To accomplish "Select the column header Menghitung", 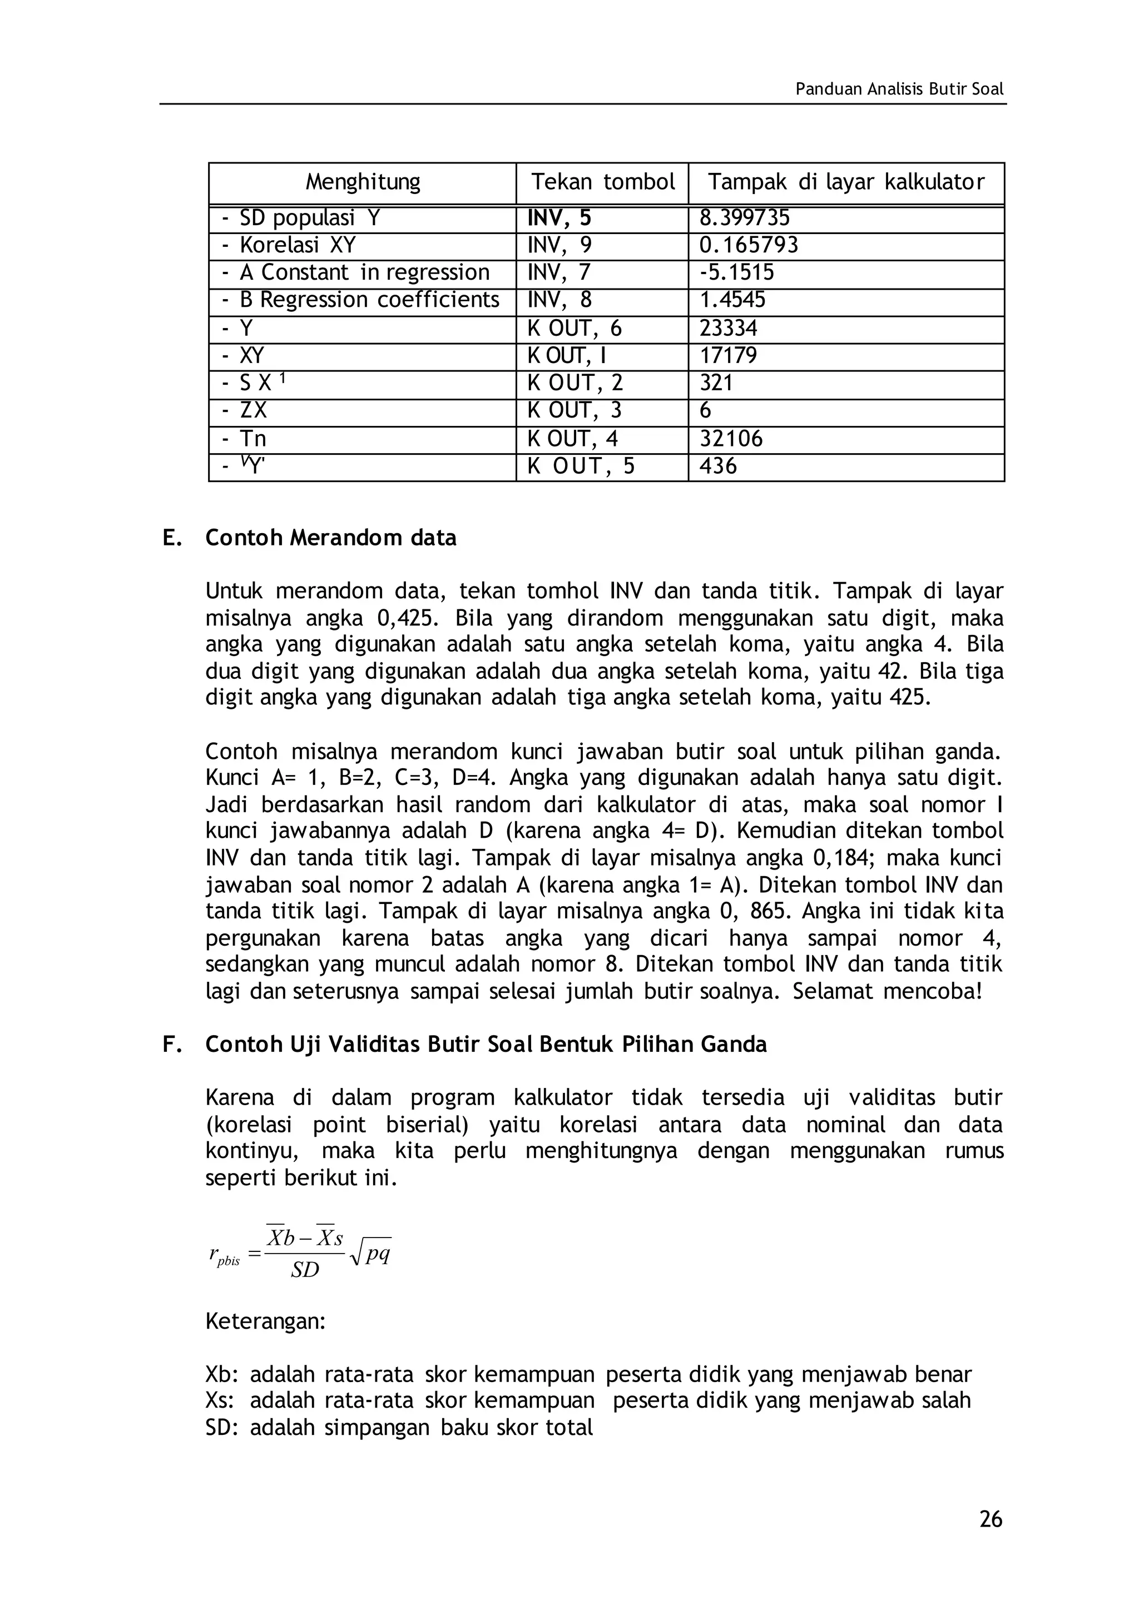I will (363, 182).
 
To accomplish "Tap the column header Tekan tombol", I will (602, 182).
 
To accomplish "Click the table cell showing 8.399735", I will (744, 218).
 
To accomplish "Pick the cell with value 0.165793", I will (749, 245).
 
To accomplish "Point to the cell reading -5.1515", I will (736, 273).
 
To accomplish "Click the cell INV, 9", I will (559, 245).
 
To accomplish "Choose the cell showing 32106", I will (731, 439).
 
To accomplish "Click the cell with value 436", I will (717, 466).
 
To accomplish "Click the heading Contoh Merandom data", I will (330, 538).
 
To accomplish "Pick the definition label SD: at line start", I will (222, 1428).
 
